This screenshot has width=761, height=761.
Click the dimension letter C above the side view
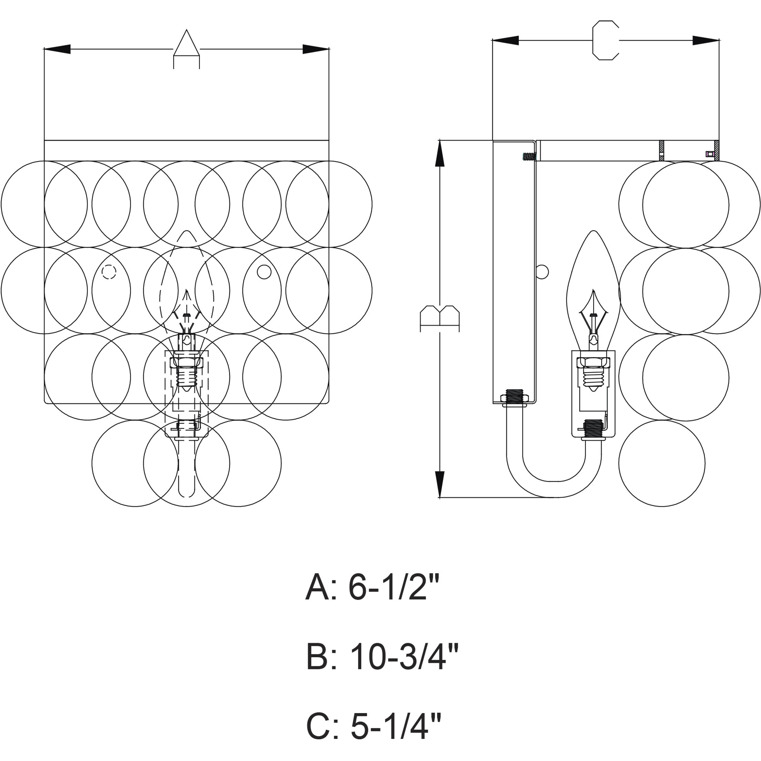606,40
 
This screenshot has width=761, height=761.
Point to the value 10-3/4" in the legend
404,657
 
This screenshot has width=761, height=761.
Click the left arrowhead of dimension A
58,49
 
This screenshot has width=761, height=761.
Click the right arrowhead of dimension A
315,49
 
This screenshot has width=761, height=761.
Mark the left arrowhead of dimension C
505,40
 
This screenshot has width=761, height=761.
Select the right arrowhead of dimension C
706,40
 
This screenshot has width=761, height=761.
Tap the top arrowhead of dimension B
439,154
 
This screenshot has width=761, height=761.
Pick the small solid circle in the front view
264,272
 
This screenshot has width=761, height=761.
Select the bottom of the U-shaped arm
554,489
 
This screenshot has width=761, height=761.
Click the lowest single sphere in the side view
662,463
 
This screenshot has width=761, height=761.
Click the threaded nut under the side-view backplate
515,397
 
